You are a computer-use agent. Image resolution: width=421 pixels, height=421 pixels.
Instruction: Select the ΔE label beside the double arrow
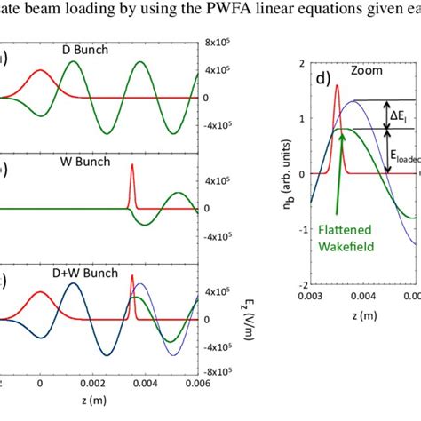(x=401, y=115)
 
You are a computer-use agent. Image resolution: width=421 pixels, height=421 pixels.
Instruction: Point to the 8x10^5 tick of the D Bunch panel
(x=217, y=44)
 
